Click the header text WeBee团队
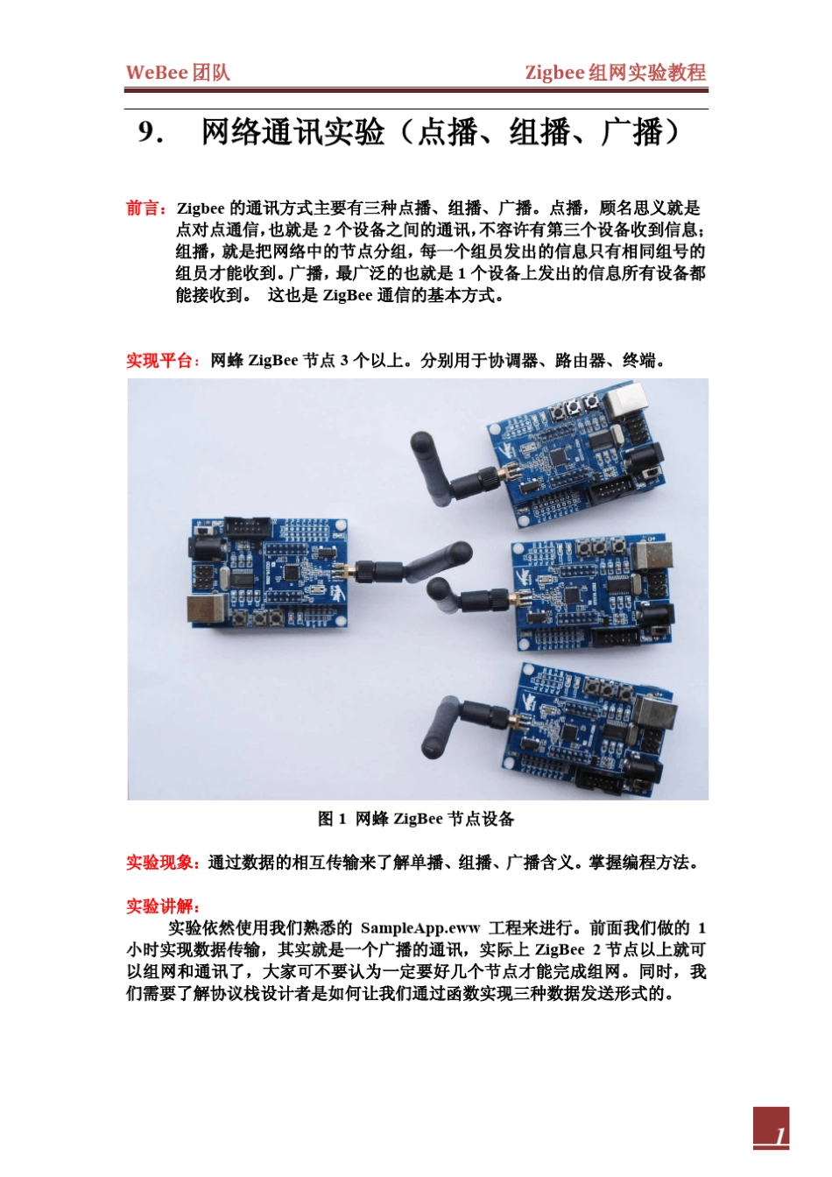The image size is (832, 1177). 178,73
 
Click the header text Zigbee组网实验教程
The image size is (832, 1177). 615,73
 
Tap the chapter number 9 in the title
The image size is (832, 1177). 148,132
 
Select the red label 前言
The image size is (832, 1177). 145,208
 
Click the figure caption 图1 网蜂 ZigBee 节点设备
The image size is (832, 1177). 416,819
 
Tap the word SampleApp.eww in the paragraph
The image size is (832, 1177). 420,928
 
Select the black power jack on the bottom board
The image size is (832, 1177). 649,770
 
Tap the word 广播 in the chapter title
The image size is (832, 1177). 632,132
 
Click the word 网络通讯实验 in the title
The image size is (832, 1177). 293,132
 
